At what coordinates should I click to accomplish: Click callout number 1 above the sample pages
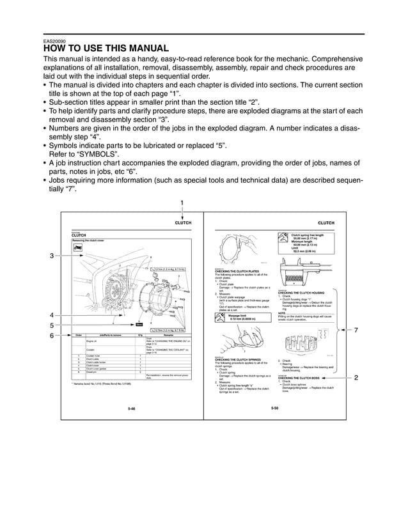182,203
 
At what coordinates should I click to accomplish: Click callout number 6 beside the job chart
51,336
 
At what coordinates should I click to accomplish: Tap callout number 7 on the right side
356,330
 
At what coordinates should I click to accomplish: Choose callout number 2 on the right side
356,378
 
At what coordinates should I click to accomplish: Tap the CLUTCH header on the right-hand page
326,222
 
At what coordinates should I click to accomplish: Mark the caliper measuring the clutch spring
306,270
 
